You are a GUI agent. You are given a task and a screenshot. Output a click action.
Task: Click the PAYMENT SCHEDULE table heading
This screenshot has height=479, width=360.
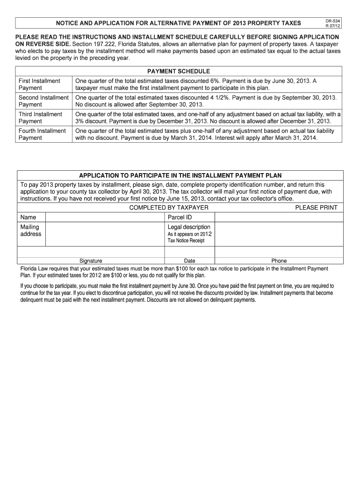179,71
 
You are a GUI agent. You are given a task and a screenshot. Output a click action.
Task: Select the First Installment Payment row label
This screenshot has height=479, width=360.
39,85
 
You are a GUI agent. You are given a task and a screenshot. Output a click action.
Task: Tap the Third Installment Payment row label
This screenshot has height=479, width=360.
40,118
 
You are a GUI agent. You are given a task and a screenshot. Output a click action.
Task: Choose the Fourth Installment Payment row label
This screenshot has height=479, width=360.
42,134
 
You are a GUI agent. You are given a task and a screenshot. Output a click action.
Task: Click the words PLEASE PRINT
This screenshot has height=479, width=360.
316,207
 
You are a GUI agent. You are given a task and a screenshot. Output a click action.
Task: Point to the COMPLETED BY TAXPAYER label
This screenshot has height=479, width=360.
169,207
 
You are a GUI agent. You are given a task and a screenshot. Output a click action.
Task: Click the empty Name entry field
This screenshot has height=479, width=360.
105,217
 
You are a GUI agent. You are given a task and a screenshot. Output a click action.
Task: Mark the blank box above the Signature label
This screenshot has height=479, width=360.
91,252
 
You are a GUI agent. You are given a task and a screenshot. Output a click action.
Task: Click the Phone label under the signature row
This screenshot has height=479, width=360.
279,261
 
